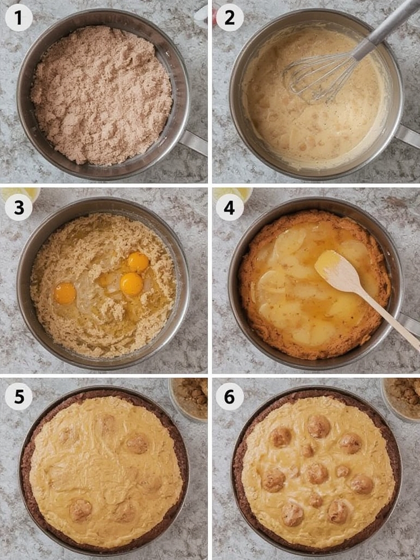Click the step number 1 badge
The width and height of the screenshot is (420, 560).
[x=19, y=18]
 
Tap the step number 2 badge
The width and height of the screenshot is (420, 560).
[x=230, y=18]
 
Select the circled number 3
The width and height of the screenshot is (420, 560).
[x=19, y=208]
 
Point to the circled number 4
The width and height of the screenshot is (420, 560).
[x=230, y=208]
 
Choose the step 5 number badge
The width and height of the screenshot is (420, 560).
[x=19, y=396]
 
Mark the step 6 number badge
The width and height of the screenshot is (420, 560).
[x=230, y=396]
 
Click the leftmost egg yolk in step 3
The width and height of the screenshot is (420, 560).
[x=65, y=293]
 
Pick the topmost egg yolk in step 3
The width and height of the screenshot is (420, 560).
[x=138, y=262]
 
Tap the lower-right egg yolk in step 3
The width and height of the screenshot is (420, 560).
[x=132, y=284]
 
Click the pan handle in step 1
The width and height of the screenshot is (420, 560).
[x=194, y=142]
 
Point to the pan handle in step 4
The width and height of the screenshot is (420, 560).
[x=409, y=323]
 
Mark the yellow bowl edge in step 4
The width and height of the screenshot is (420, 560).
[x=232, y=193]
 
